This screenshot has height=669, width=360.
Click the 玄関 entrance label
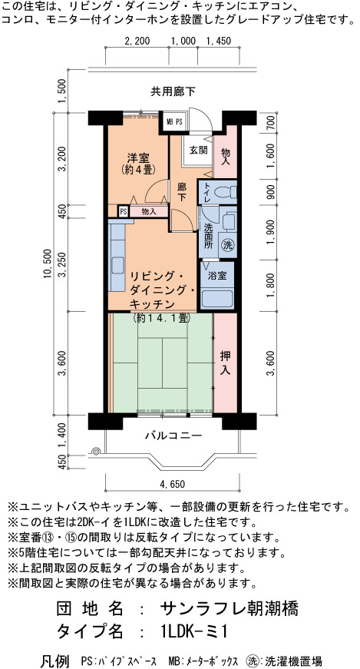tap(198, 151)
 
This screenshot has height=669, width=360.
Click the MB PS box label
tap(174, 121)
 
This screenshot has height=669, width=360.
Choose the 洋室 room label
tap(137, 157)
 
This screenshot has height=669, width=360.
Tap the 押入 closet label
tap(225, 363)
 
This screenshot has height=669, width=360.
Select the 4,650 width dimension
tap(172, 484)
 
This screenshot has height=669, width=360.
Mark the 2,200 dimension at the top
tap(137, 41)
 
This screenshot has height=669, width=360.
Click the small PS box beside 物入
tap(124, 211)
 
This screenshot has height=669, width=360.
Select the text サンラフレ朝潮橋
tap(229, 608)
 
